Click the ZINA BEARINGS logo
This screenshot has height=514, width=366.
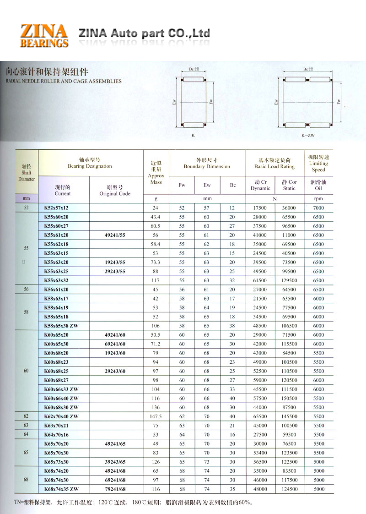(44, 36)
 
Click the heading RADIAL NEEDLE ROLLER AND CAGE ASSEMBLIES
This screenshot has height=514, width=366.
(64, 81)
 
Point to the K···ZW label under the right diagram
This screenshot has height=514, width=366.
(308, 136)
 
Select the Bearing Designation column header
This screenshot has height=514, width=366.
(90, 163)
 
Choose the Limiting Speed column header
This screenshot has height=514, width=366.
(318, 163)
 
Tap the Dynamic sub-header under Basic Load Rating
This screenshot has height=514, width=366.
(260, 185)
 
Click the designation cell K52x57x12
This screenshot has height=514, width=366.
(59, 208)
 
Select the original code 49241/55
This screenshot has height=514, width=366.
(115, 235)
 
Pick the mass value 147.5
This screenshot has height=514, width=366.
(156, 416)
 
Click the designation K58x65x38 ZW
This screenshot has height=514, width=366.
(61, 326)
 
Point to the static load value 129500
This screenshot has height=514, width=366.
(289, 280)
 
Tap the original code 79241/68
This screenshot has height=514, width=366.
(115, 489)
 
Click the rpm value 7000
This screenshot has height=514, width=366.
(318, 208)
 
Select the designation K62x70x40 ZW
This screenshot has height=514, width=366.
(61, 416)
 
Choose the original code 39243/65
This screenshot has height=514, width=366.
(115, 462)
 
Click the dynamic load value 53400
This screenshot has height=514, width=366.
(260, 453)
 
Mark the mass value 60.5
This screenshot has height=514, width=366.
(156, 226)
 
